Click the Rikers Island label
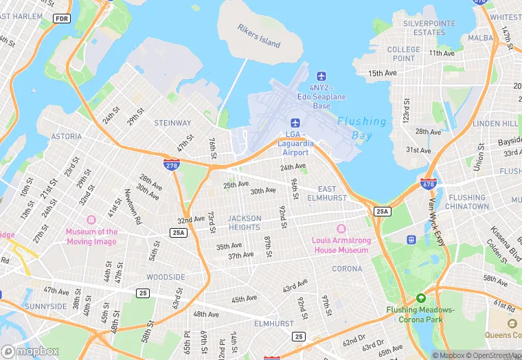259,36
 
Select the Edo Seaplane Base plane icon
321,75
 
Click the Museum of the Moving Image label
91,236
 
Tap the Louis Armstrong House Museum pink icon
341,228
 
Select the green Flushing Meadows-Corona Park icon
420,298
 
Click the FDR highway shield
62,19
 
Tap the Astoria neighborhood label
67,137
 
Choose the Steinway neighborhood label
172,124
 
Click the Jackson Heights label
245,223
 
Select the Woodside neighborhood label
166,277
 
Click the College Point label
404,54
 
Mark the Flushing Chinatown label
468,202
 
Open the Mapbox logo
31,351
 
